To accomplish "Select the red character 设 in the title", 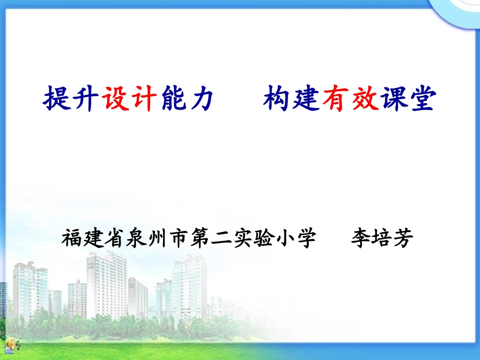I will pyautogui.click(x=115, y=99).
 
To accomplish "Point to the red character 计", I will pyautogui.click(x=143, y=99).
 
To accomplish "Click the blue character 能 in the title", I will pyautogui.click(x=172, y=99).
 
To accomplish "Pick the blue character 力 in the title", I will pyautogui.click(x=201, y=99).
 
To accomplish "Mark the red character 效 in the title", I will pyautogui.click(x=363, y=99).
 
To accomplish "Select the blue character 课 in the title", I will pyautogui.click(x=393, y=99).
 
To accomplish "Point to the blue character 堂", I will pyautogui.click(x=421, y=99).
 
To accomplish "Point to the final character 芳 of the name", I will pyautogui.click(x=403, y=238).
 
